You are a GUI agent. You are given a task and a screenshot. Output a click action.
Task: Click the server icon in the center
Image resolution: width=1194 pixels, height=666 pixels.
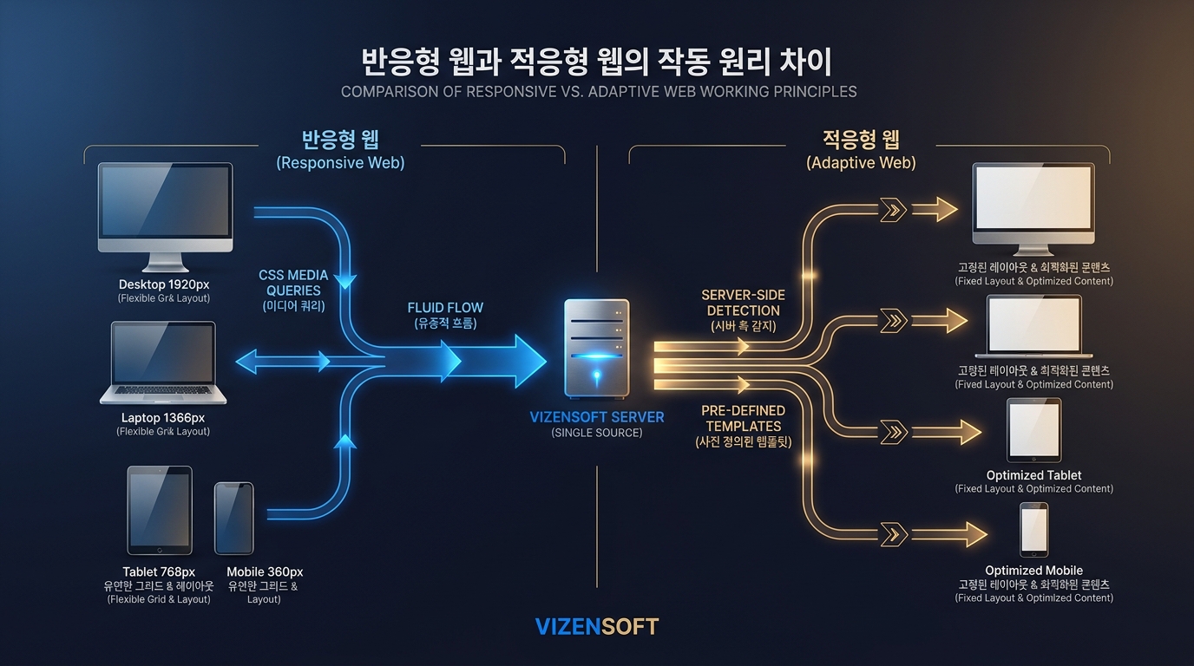pos(596,349)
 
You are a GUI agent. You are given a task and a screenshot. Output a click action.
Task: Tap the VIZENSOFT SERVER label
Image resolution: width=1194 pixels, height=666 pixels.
pos(596,417)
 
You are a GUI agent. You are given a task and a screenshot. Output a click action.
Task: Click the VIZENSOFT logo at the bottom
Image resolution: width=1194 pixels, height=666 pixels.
pos(597,626)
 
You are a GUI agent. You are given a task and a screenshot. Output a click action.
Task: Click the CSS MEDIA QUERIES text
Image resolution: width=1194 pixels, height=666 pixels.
pos(294,283)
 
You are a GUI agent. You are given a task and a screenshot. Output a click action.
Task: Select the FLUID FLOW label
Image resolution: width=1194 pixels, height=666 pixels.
pos(445,308)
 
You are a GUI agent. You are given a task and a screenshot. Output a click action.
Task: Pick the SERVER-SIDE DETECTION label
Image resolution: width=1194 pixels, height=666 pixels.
pos(741,303)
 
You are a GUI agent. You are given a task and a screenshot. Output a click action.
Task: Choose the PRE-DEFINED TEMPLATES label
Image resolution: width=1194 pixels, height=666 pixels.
pos(744,418)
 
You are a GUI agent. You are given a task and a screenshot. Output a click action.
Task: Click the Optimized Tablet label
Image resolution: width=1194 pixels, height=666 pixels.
pos(1033,475)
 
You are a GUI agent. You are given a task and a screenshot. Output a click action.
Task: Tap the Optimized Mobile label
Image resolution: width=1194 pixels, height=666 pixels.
pos(1033,570)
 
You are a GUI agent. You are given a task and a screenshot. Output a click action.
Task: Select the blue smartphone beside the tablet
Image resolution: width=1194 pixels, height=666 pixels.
pos(234,518)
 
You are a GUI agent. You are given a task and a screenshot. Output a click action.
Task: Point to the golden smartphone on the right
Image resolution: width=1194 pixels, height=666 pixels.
pos(1033,530)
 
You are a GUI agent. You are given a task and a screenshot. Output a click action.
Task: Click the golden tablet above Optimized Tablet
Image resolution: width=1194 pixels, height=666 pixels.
pos(1033,430)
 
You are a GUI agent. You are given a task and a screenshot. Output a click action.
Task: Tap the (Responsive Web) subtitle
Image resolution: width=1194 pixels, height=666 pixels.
pos(340,162)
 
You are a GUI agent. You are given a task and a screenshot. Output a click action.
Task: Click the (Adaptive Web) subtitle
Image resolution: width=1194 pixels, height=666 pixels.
pos(861,162)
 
